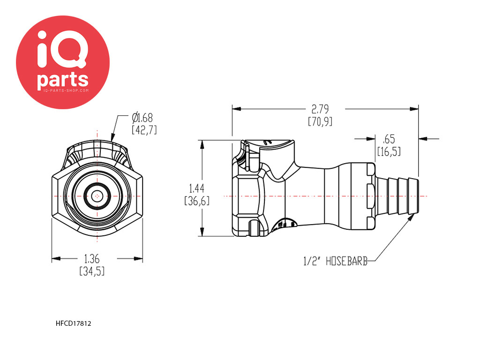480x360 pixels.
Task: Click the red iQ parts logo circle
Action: pyautogui.click(x=63, y=62)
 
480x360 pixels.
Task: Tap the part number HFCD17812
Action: pyautogui.click(x=74, y=323)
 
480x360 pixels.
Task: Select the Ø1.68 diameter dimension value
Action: pyautogui.click(x=142, y=118)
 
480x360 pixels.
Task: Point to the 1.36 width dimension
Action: pyautogui.click(x=92, y=259)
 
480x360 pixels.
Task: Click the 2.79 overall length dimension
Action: pyautogui.click(x=320, y=109)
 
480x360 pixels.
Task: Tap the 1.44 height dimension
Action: pyautogui.click(x=196, y=188)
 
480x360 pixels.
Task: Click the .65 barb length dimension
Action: pyautogui.click(x=389, y=139)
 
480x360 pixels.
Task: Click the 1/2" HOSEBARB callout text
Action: pyautogui.click(x=335, y=261)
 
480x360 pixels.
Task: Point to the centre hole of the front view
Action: pyautogui.click(x=97, y=196)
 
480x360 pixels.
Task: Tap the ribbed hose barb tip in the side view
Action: pyautogui.click(x=398, y=196)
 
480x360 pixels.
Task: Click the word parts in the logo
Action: pyautogui.click(x=63, y=80)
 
